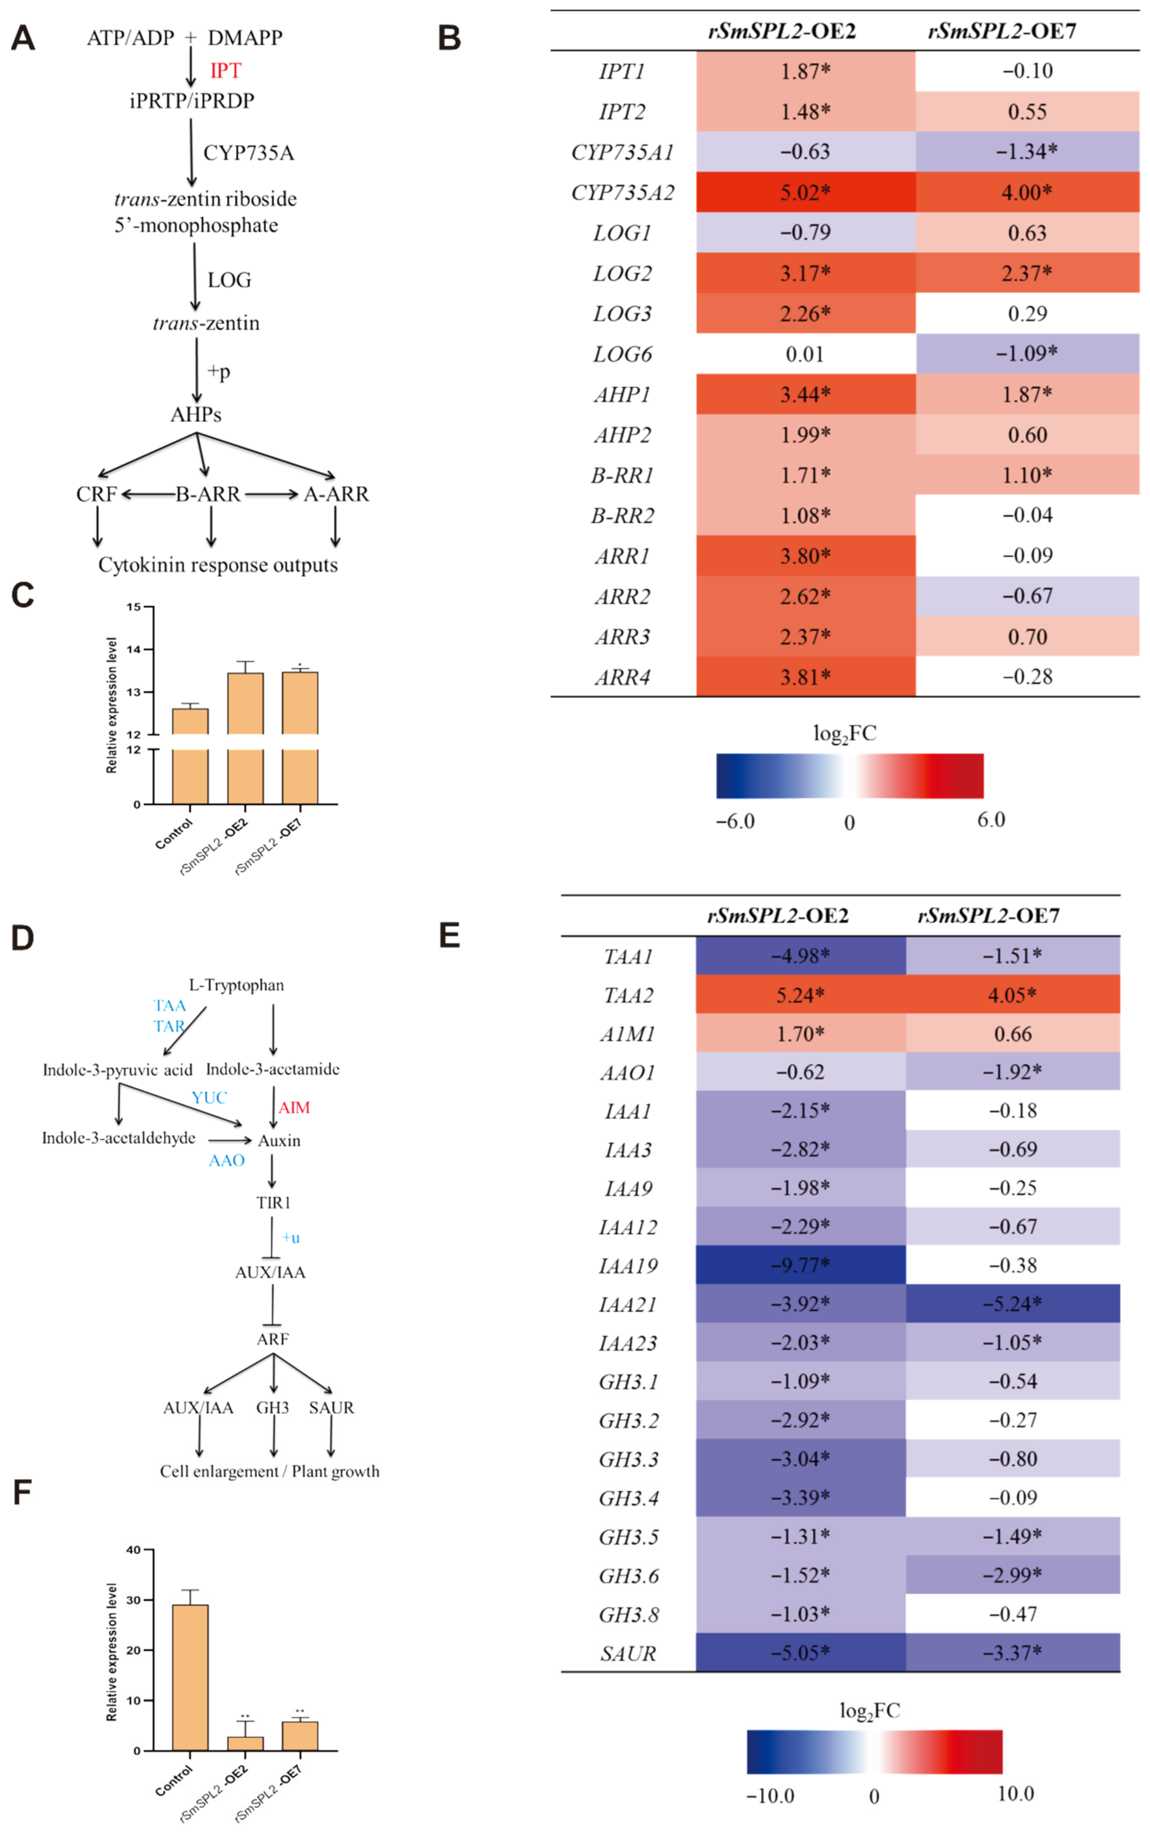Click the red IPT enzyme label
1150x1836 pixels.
tap(225, 71)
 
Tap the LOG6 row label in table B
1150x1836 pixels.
tap(622, 354)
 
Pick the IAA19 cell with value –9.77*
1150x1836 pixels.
tap(800, 1266)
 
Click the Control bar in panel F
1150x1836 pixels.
tap(190, 1677)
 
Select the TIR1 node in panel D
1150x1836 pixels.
tap(273, 1203)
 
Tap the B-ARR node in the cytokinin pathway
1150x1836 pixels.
tap(208, 494)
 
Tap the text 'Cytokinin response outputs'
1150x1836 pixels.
tap(217, 565)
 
